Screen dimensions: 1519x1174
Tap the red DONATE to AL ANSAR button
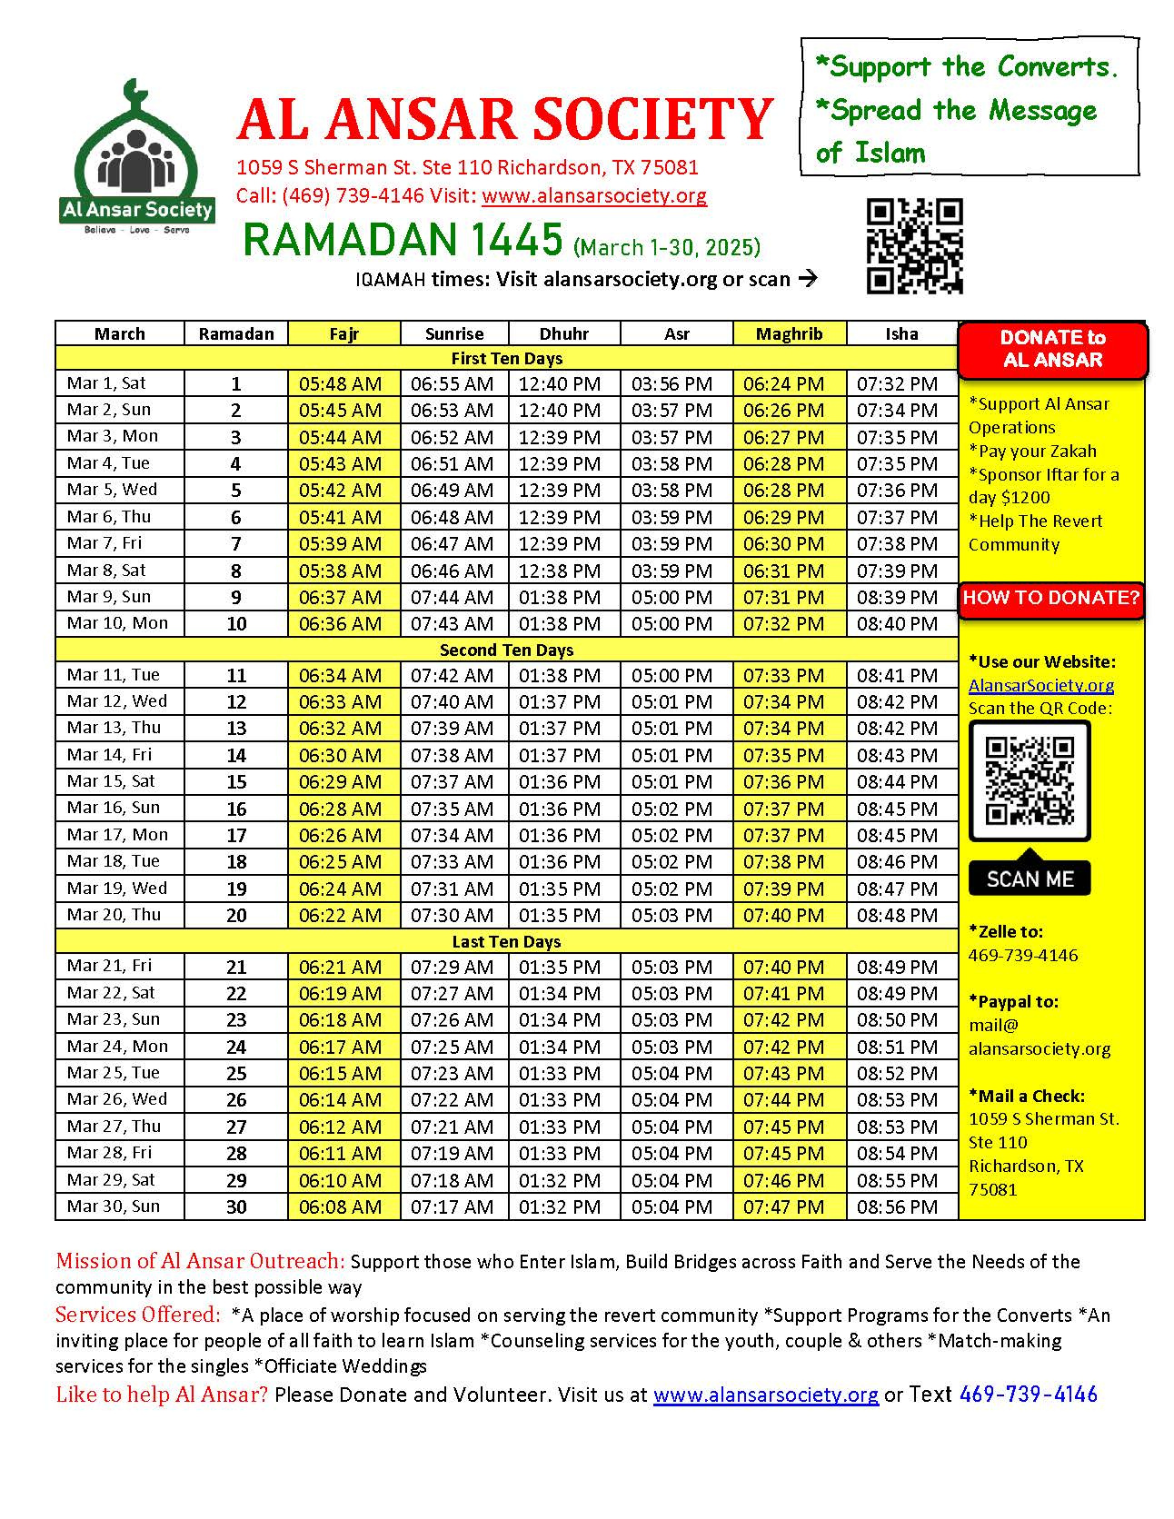pos(1052,349)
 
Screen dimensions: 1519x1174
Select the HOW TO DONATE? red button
pos(1050,598)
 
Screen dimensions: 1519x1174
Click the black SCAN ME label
pos(1030,879)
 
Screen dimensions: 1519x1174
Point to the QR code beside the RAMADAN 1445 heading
pos(914,245)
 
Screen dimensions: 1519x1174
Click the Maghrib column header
pos(789,333)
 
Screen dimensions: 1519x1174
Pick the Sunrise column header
pos(453,333)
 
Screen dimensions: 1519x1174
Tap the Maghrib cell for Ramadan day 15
pos(783,781)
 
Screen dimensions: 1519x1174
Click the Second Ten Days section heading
pos(506,650)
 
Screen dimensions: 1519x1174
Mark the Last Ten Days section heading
pos(506,941)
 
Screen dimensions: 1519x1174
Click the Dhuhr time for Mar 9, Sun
pos(560,598)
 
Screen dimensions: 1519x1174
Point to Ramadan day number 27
pos(236,1127)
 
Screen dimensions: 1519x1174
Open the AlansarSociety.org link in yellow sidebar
pos(1040,685)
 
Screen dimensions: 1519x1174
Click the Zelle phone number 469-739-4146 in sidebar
pos(1022,955)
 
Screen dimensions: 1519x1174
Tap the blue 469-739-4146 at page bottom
pos(1028,1395)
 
